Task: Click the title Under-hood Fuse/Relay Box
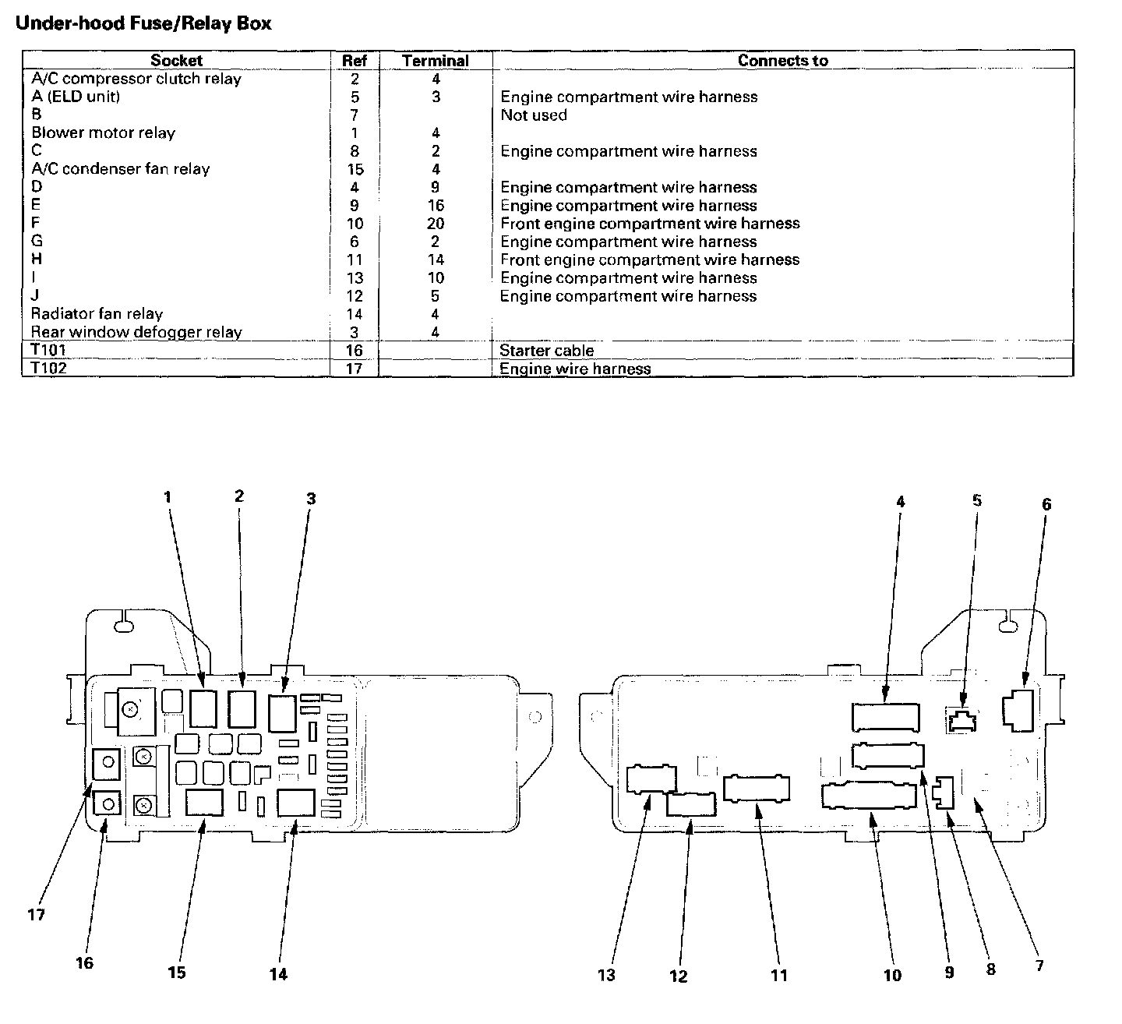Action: coord(143,23)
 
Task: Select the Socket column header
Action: coord(176,61)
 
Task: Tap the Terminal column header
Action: coord(435,61)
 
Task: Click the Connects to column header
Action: coord(782,61)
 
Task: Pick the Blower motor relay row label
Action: coord(104,132)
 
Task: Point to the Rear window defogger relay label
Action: coord(136,332)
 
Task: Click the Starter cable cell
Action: coord(546,350)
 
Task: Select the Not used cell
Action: coord(534,115)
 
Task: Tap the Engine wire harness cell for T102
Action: coord(575,369)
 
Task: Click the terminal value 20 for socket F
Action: coord(435,223)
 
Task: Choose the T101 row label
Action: coord(48,350)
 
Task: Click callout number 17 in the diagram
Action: coord(37,915)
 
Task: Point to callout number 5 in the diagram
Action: coord(977,500)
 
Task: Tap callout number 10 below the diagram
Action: coord(893,976)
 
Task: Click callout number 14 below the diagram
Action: coord(278,974)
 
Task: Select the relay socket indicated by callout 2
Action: coord(242,709)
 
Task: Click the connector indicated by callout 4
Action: coord(885,718)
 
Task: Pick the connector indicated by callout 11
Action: coord(757,789)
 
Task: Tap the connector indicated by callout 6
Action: coord(1018,711)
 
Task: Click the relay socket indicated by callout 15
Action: coord(204,803)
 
